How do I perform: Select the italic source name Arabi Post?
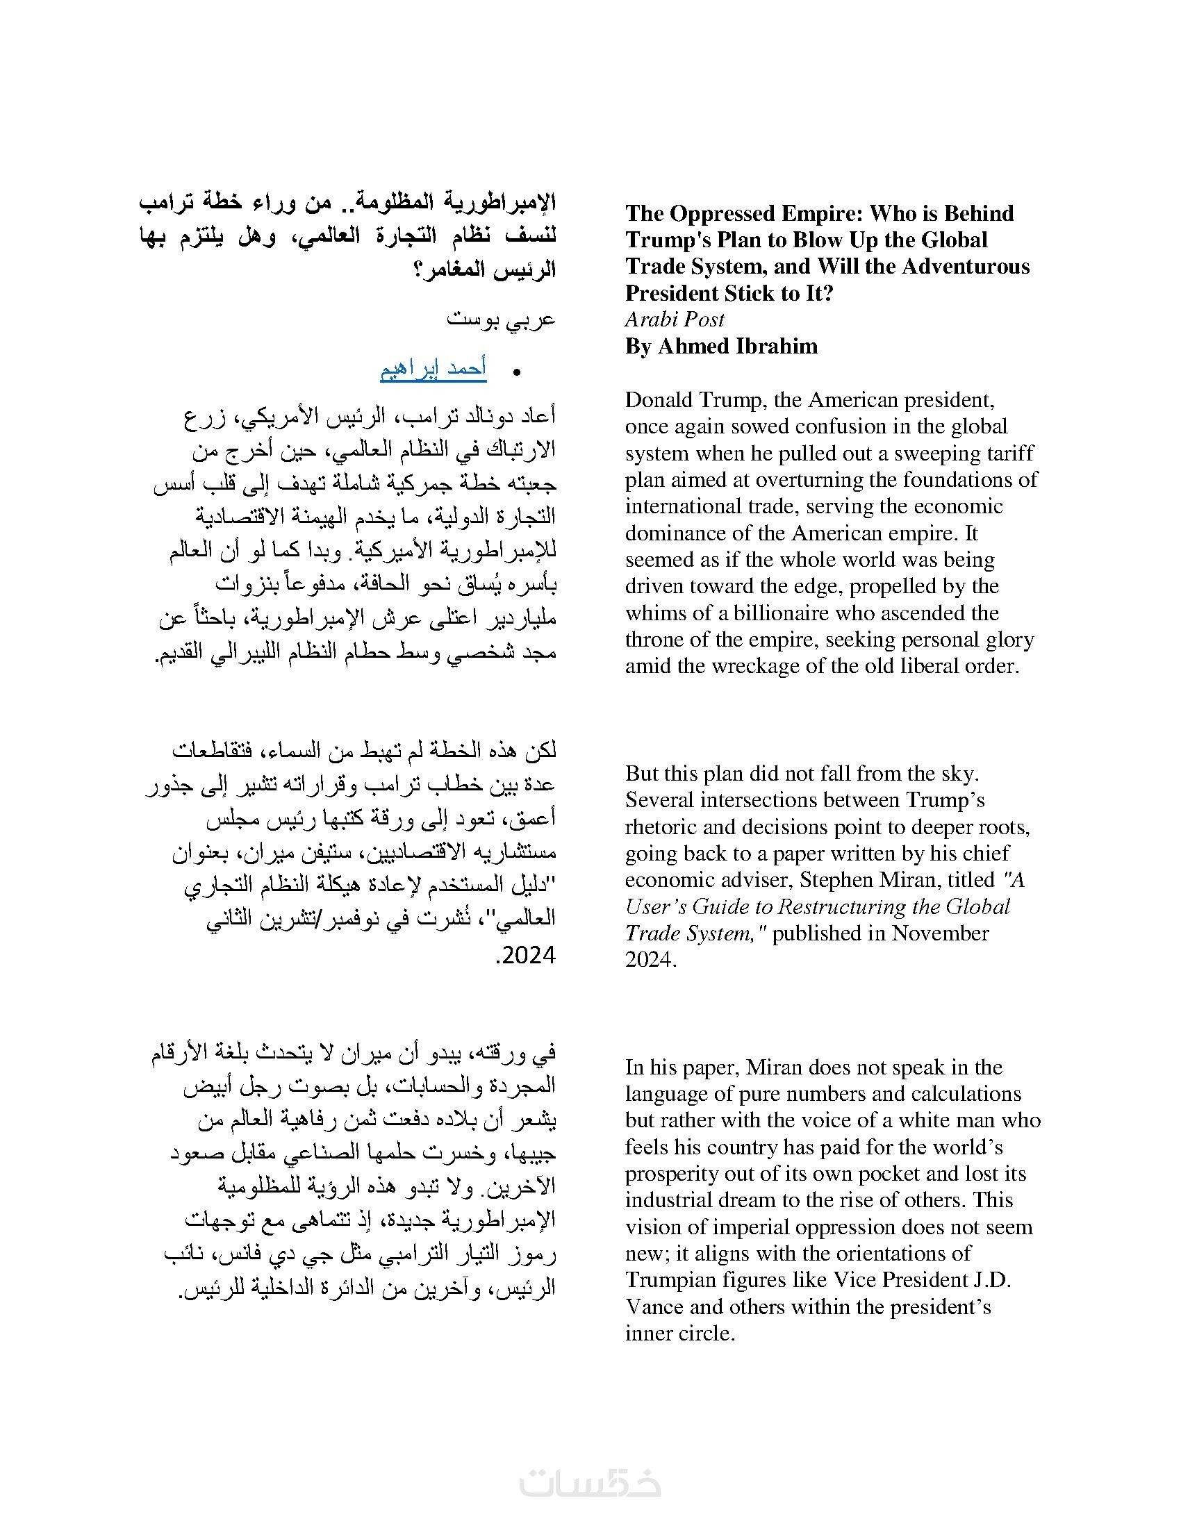click(675, 319)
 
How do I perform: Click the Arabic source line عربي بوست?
click(501, 319)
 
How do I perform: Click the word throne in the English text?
click(655, 640)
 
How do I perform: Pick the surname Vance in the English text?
click(654, 1307)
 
